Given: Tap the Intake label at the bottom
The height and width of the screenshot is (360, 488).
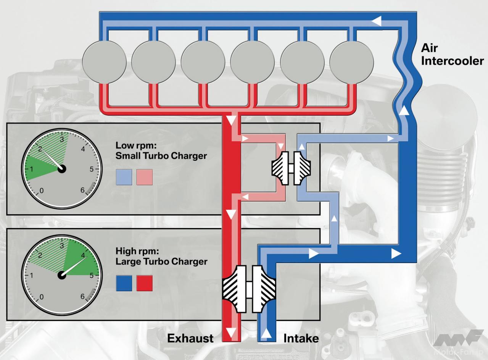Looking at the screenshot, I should point(301,338).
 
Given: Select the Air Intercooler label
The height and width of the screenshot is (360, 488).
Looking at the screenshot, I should point(452,54).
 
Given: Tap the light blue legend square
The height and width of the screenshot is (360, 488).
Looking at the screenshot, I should point(124,177).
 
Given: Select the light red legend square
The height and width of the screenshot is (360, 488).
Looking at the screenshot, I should point(144,177).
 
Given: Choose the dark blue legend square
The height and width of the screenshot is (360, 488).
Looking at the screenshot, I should point(124,283).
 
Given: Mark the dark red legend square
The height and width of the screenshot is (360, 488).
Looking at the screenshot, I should point(144,283).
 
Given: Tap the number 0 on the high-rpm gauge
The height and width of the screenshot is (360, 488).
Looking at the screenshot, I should point(42,297).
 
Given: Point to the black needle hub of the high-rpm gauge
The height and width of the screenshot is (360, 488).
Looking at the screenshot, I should point(62,275).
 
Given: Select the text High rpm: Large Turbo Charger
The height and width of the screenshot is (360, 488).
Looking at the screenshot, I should point(161,257).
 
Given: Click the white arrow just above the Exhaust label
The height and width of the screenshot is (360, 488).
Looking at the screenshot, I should point(230,330).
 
